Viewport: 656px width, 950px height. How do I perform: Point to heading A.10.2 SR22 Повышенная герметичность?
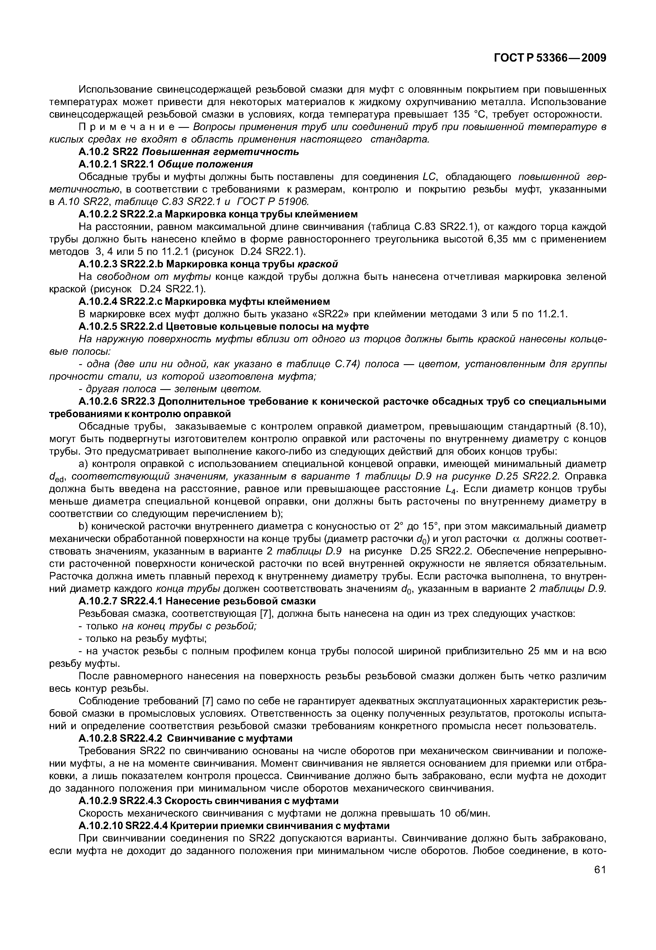189,152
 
